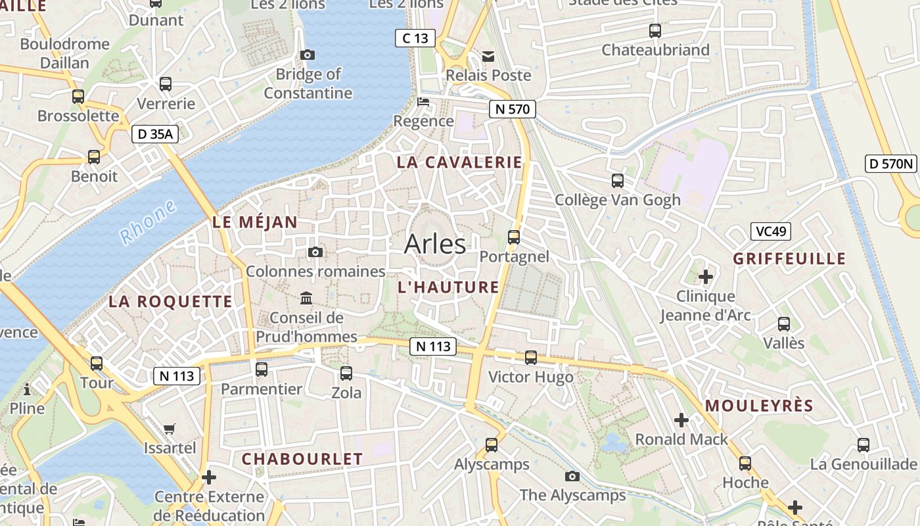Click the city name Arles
[435, 244]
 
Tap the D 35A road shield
[155, 134]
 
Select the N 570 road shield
[513, 109]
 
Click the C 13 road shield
[415, 38]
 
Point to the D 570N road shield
[890, 164]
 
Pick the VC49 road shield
[771, 231]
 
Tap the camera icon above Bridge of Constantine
[307, 55]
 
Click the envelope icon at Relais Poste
[488, 57]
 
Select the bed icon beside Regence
[424, 102]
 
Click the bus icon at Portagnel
[514, 237]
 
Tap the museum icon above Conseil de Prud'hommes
[306, 299]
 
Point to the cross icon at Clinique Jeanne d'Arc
[705, 277]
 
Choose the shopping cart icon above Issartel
[170, 429]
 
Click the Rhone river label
[149, 222]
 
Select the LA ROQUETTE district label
[170, 302]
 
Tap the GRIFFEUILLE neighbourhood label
[789, 258]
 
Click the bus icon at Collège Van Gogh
[617, 181]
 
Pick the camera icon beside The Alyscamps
[572, 476]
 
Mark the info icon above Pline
[27, 389]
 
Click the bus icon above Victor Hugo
[531, 358]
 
